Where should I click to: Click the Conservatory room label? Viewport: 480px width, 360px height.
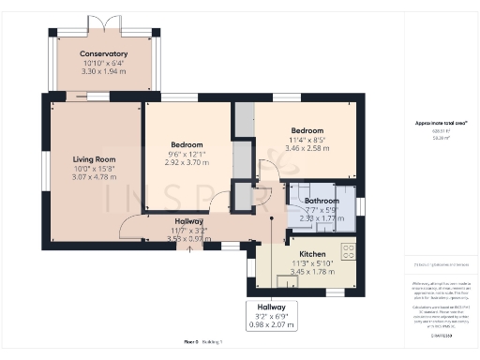click(103, 53)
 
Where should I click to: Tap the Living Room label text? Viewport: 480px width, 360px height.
click(94, 159)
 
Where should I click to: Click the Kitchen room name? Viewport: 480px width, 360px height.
click(312, 254)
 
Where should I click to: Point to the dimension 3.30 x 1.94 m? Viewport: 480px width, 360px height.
click(103, 71)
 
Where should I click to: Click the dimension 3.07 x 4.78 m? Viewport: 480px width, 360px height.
click(94, 176)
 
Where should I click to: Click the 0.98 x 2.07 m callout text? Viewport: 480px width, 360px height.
click(272, 324)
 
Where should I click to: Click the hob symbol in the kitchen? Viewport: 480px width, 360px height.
click(348, 250)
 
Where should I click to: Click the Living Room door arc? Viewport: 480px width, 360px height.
click(131, 225)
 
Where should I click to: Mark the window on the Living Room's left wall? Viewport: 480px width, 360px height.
click(44, 174)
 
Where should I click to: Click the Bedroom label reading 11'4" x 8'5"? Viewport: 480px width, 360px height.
click(307, 130)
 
